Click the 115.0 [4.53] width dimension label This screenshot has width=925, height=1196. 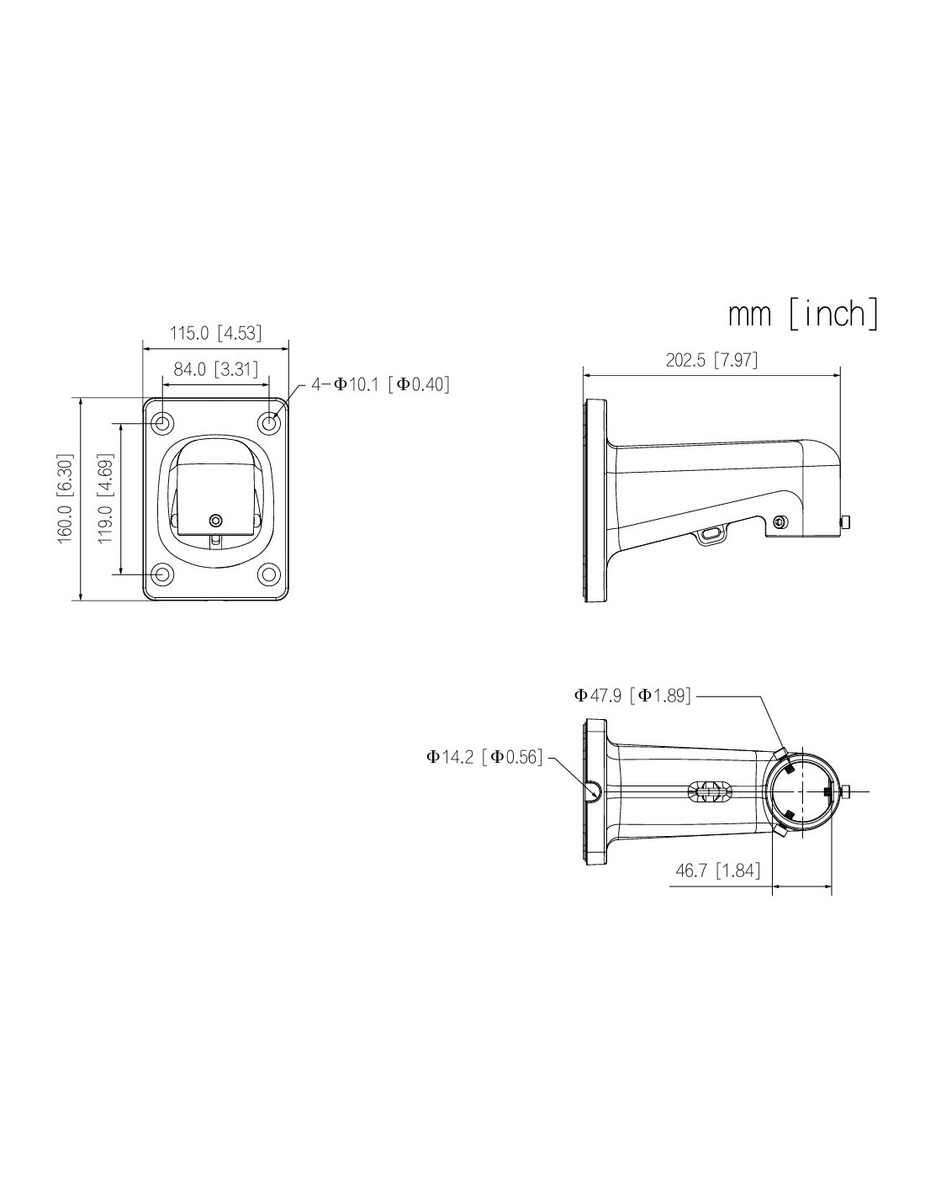(x=215, y=333)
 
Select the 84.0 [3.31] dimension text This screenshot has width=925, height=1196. (x=216, y=368)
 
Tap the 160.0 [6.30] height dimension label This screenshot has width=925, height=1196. (x=66, y=500)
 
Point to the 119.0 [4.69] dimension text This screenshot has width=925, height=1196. (x=106, y=500)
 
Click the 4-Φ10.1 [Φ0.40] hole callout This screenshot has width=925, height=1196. (x=380, y=384)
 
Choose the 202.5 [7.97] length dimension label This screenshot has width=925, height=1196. (x=711, y=360)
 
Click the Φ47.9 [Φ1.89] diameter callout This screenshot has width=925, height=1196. (x=632, y=696)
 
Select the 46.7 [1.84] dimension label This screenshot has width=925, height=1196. (x=718, y=871)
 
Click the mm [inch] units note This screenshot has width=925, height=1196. (x=803, y=314)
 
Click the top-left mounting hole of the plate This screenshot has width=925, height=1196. (x=162, y=423)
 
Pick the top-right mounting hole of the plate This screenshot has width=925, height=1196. (x=269, y=423)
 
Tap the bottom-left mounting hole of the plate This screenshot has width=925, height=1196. (x=162, y=574)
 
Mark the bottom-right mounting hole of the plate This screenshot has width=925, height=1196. (x=269, y=574)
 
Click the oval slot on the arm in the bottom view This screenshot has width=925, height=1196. (x=710, y=791)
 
